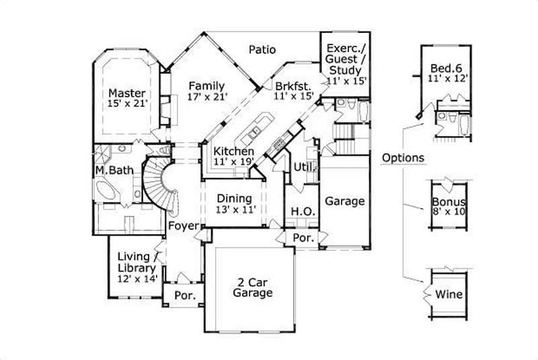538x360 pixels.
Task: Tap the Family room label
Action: point(206,85)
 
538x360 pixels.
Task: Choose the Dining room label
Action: point(234,199)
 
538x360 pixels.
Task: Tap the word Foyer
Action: point(182,225)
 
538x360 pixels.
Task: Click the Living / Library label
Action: point(137,262)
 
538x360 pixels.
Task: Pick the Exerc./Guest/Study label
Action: point(344,59)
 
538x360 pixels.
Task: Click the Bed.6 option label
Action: point(446,67)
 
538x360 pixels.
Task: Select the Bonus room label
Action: point(449,202)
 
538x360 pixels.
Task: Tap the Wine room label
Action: point(448,294)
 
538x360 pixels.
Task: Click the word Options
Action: point(403,158)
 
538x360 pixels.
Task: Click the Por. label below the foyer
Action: point(185,295)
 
